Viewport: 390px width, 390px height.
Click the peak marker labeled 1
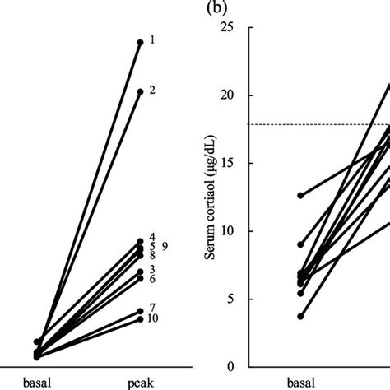coord(140,41)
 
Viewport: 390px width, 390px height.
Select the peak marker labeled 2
coord(140,91)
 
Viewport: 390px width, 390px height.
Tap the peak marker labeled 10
coord(140,318)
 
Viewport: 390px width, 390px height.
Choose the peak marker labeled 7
coord(140,311)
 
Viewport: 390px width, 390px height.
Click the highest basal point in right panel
coord(301,195)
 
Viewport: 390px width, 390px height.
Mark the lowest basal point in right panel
coord(301,316)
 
